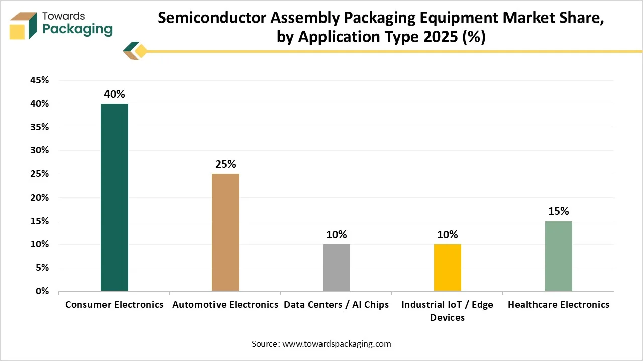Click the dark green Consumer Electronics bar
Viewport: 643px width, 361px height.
[x=115, y=197]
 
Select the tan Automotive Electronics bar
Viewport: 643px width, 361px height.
[x=226, y=232]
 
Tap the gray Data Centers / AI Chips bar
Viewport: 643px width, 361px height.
[x=337, y=267]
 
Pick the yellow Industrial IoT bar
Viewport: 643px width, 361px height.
[x=448, y=267]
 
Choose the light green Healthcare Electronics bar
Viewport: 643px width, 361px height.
[x=559, y=256]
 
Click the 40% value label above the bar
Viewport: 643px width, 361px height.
[x=115, y=94]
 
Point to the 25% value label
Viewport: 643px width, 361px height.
[x=226, y=164]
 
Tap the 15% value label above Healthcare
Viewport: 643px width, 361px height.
[x=559, y=211]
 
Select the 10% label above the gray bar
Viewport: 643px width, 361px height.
[x=337, y=235]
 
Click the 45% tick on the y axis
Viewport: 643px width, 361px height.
[x=39, y=80]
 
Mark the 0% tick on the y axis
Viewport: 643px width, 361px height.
[x=41, y=291]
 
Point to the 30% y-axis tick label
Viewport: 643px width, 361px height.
[x=39, y=150]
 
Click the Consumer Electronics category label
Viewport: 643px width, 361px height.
[x=115, y=305]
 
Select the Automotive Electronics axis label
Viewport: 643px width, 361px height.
[x=226, y=305]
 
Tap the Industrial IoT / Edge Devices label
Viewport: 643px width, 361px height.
[x=448, y=311]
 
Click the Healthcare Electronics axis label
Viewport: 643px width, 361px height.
[x=559, y=305]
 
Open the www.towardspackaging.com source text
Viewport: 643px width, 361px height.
[x=337, y=344]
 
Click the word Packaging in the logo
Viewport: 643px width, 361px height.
[x=77, y=29]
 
